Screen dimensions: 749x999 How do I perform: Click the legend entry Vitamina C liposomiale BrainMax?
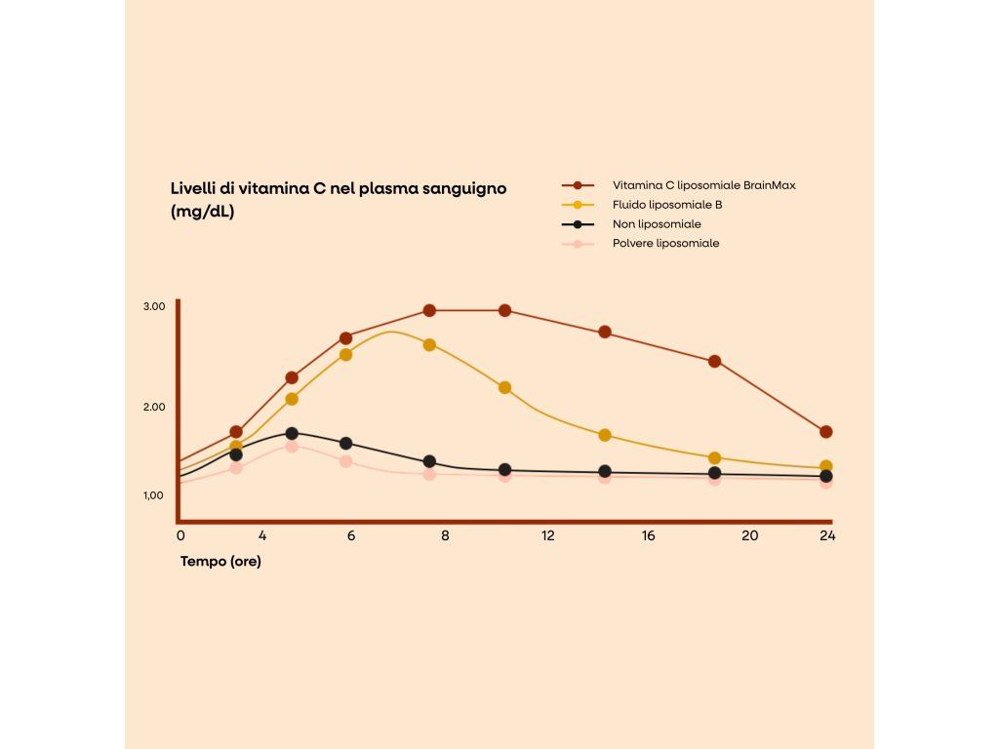coord(703,185)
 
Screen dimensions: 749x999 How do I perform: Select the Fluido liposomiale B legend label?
coord(667,205)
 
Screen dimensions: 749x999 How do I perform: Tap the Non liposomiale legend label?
coord(657,224)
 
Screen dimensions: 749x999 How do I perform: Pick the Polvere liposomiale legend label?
coord(665,243)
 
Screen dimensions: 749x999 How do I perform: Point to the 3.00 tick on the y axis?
coord(154,306)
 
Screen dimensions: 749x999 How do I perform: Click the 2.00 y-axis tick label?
coord(154,407)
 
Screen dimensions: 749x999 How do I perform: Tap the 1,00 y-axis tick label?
coord(154,495)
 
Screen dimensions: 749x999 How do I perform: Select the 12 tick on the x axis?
coord(548,535)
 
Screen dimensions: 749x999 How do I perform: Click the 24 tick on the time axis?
coord(827,535)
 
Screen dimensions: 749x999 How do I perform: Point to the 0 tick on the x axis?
coord(180,535)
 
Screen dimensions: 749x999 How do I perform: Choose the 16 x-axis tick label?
coord(649,535)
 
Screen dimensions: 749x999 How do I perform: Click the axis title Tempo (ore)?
coord(220,562)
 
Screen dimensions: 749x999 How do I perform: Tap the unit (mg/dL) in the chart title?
coord(202,211)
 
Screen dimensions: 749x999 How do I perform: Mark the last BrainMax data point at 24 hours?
coord(826,432)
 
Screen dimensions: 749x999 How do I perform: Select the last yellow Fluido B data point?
coord(826,467)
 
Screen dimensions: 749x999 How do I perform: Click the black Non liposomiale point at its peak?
coord(292,434)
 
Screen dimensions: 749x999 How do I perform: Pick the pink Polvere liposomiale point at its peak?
coord(292,447)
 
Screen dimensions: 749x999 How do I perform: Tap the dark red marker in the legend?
coord(578,185)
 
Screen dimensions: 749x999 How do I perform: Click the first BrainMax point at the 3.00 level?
coord(429,311)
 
